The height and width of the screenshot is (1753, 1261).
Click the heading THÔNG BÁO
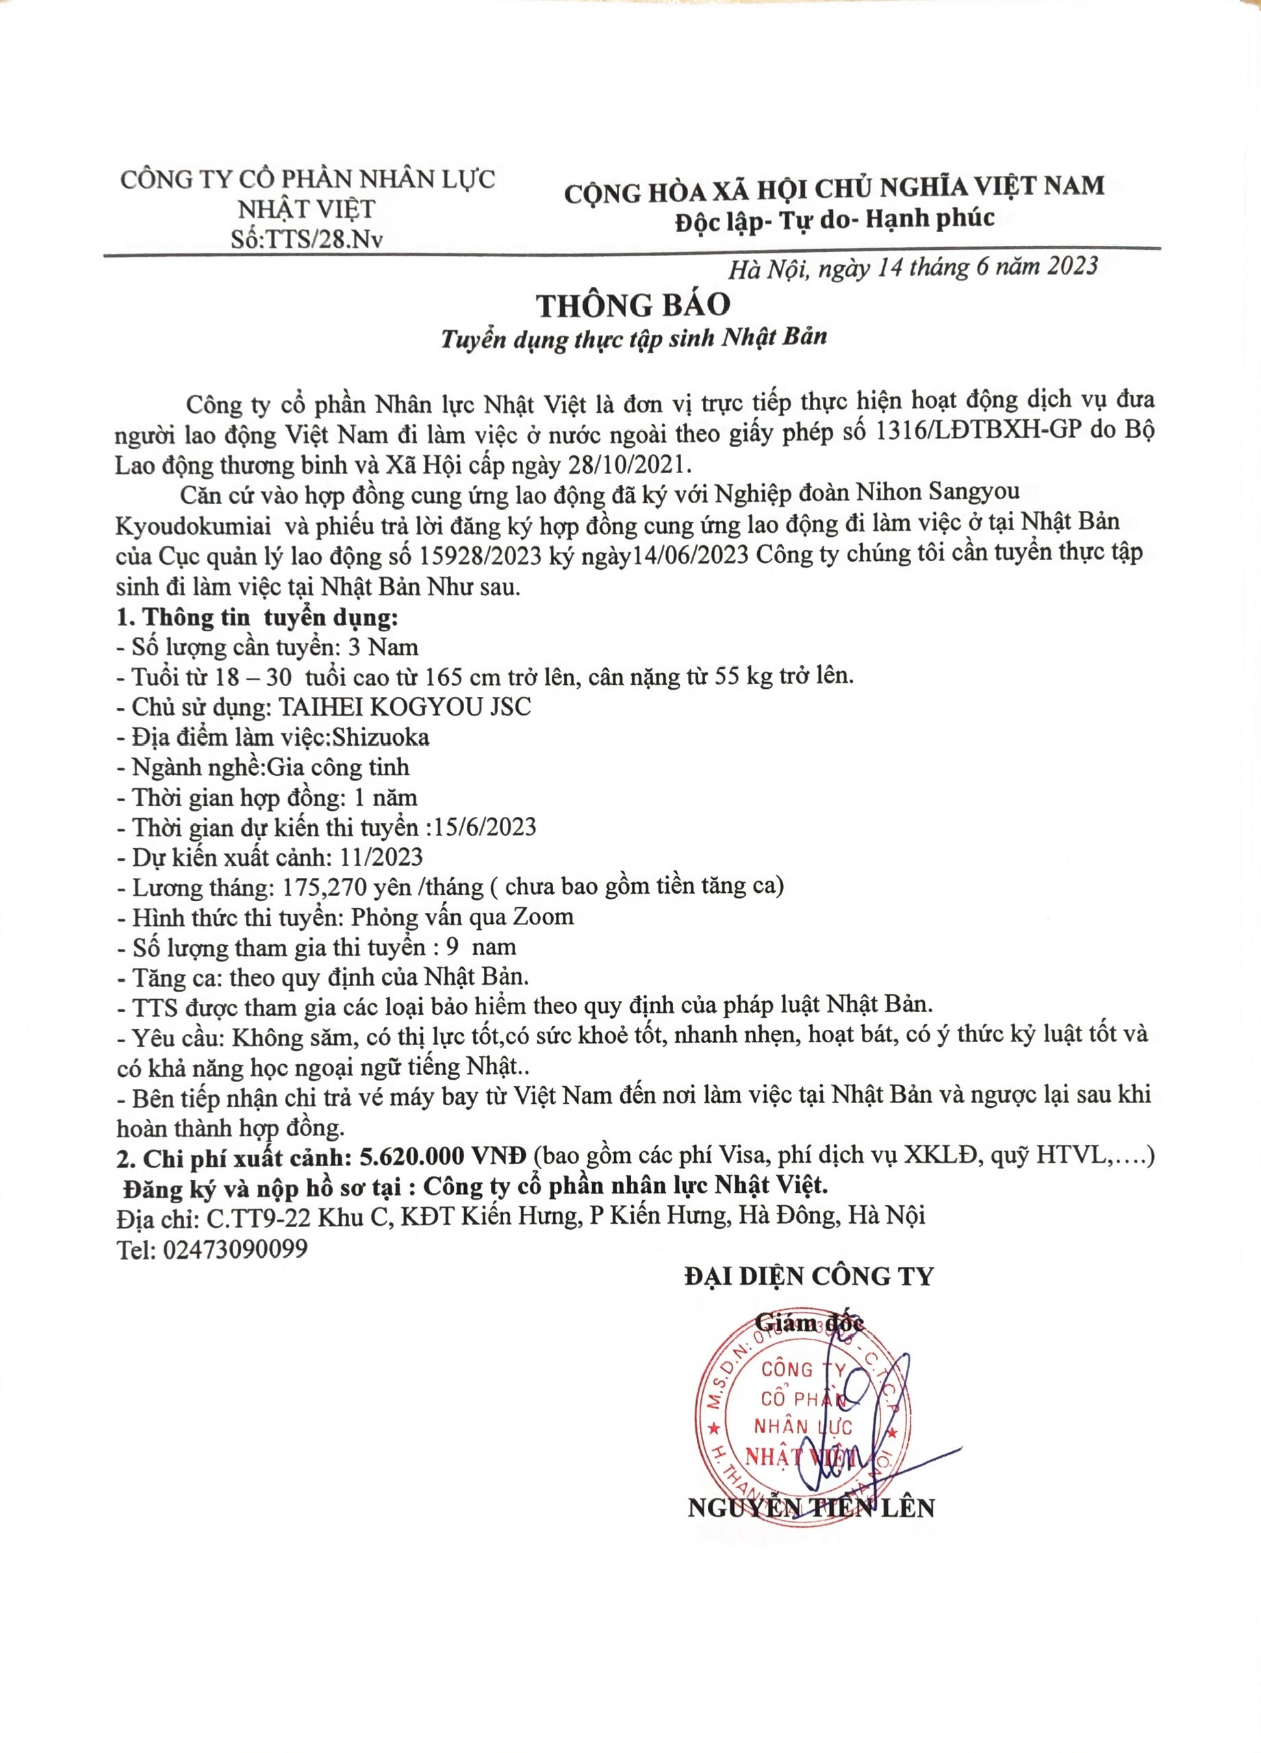pyautogui.click(x=634, y=305)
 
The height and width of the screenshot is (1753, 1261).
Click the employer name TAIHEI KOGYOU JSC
pyautogui.click(x=405, y=707)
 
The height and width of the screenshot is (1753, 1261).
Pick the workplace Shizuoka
pyautogui.click(x=377, y=737)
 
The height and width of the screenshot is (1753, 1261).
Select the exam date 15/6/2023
pyautogui.click(x=485, y=827)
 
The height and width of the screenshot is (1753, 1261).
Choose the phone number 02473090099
pyautogui.click(x=235, y=1249)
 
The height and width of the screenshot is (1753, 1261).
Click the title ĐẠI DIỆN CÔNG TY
pyautogui.click(x=809, y=1277)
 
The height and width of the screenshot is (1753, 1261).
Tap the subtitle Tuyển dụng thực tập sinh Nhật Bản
pyautogui.click(x=634, y=338)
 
